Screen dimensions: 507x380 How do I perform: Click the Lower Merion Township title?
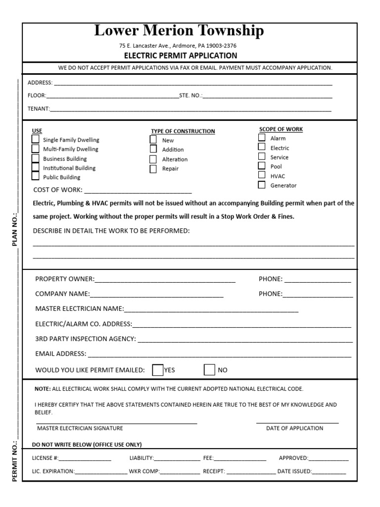179,32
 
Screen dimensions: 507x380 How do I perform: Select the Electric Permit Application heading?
180,55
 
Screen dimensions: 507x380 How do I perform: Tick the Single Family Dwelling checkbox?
35,139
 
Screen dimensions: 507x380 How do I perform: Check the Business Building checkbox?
35,158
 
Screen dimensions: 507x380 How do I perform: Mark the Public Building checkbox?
35,176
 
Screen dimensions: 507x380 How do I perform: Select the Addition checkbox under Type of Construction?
153,149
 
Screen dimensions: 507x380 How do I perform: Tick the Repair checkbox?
153,168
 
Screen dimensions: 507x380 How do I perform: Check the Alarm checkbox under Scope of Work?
262,138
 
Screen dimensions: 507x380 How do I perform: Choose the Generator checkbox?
262,185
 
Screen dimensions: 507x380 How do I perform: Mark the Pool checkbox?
262,166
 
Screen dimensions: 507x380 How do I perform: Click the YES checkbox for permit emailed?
158,370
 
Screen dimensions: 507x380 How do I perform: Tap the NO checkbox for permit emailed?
210,370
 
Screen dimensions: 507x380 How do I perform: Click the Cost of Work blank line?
138,191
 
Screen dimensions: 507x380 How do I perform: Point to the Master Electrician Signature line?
116,422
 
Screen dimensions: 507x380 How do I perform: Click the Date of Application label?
294,428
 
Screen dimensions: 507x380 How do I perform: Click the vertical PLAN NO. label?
15,229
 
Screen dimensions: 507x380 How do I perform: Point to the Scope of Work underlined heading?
281,129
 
